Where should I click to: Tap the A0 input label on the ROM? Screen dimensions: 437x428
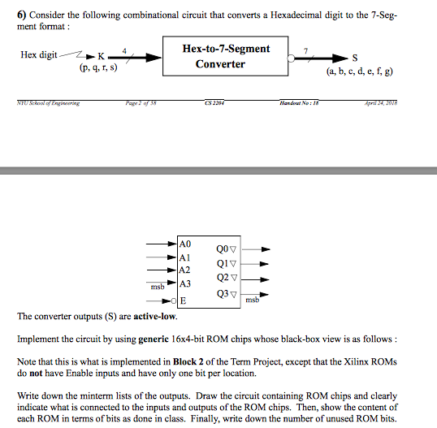tap(185, 244)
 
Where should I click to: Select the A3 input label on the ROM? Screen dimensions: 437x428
tap(185, 284)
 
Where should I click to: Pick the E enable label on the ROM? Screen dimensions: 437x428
tap(184, 300)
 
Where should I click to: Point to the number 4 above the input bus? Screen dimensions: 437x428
tap(123, 49)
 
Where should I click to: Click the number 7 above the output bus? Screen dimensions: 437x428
tap(306, 49)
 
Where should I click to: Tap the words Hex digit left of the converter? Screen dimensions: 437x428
tap(39, 54)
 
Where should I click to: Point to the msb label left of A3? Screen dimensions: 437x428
tap(158, 286)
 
